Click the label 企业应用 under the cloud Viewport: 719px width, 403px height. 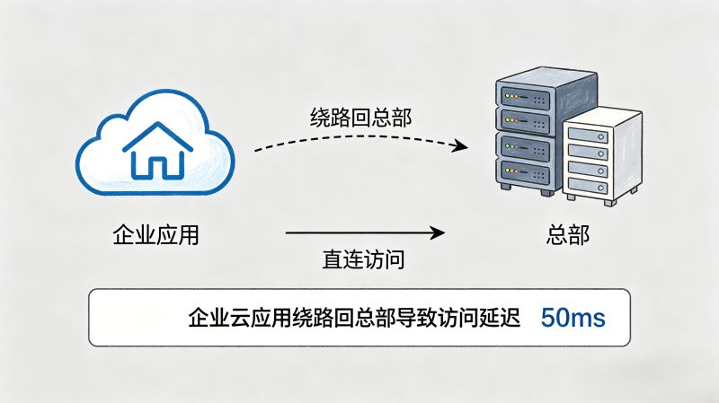[x=155, y=236]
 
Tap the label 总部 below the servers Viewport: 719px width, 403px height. [x=567, y=236]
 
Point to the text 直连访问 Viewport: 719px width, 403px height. [x=363, y=260]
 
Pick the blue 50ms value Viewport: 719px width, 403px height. [x=573, y=318]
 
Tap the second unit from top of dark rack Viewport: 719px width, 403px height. [x=523, y=120]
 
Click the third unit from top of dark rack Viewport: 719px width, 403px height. [x=523, y=146]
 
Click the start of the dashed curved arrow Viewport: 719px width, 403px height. [x=256, y=150]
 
